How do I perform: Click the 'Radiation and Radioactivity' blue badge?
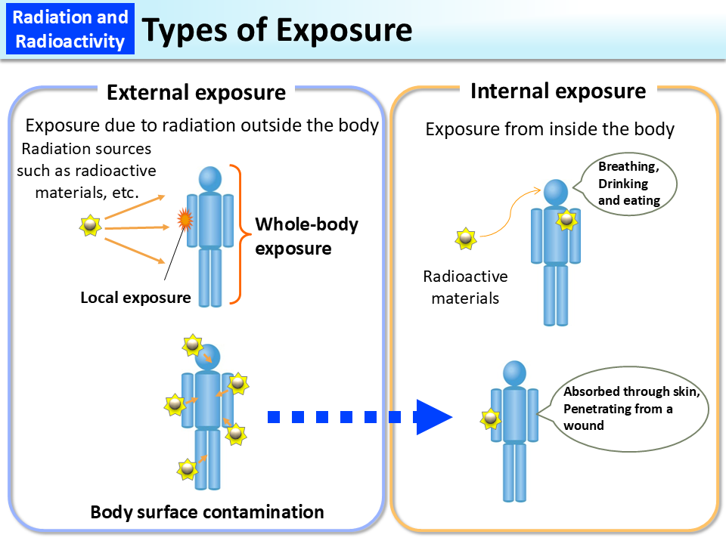point(70,28)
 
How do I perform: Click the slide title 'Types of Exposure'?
point(277,30)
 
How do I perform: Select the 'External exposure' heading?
point(196,92)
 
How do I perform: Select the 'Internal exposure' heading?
point(557,91)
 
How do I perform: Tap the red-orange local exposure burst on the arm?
point(184,220)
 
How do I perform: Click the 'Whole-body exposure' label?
point(306,236)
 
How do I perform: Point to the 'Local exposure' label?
point(135,297)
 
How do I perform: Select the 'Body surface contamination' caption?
point(207,512)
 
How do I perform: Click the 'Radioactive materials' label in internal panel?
point(465,287)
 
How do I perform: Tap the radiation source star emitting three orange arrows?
point(91,225)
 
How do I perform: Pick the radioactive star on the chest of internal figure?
point(566,220)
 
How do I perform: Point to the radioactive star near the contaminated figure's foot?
point(187,468)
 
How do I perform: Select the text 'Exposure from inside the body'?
point(550,129)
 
